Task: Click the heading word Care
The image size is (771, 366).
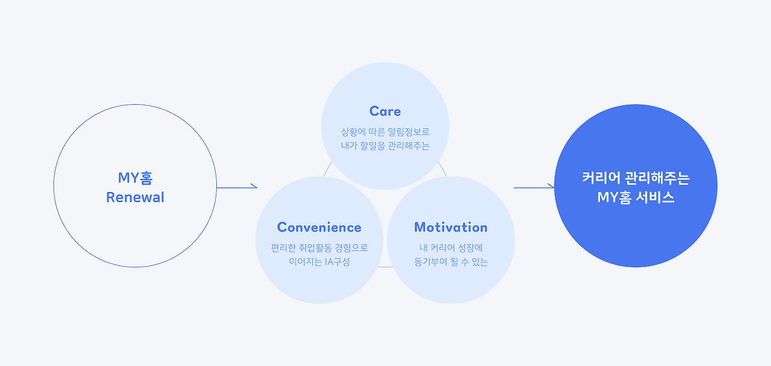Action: [x=385, y=111]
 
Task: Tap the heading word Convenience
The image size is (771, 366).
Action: [x=319, y=228]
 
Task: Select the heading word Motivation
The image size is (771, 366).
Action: [x=451, y=228]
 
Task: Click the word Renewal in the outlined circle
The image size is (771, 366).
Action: [x=135, y=197]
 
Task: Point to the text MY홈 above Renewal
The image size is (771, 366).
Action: [x=136, y=178]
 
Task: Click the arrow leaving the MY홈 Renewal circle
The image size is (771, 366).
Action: [x=237, y=187]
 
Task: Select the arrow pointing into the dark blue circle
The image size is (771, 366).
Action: [x=534, y=187]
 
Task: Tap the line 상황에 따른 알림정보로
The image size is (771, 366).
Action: [x=385, y=132]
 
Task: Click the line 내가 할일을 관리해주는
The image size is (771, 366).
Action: [x=385, y=146]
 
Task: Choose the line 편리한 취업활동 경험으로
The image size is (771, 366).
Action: [x=319, y=247]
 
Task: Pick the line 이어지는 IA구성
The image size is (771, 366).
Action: [x=319, y=262]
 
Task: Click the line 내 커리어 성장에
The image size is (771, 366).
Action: [x=451, y=247]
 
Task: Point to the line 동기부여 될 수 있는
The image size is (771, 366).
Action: [x=451, y=262]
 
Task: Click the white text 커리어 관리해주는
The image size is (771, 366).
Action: [x=635, y=178]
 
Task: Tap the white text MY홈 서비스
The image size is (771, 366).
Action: [x=635, y=197]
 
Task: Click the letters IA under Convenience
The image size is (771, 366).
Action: [x=329, y=262]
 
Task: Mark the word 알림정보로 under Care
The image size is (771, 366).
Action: [x=409, y=132]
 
